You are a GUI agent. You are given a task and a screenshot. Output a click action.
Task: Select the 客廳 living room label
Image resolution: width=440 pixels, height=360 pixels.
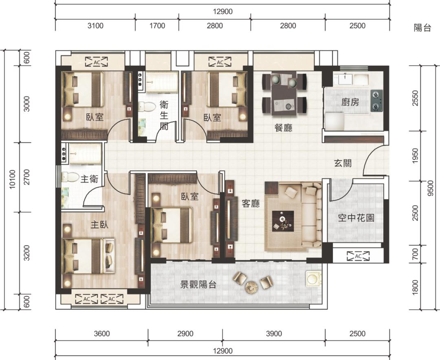251,204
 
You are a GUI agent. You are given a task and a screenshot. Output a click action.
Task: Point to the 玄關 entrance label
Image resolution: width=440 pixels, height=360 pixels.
343,164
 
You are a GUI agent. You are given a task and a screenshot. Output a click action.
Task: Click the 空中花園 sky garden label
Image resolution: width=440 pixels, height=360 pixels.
356,218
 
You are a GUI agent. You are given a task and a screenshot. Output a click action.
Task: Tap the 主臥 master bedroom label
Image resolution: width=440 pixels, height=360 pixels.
99,224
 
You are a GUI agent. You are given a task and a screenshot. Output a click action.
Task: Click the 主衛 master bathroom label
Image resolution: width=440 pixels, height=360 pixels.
89,179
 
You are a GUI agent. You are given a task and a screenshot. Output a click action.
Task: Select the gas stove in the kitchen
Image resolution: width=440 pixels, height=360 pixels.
376,101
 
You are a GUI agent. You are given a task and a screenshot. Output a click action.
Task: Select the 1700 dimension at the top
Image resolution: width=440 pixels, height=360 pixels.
157,26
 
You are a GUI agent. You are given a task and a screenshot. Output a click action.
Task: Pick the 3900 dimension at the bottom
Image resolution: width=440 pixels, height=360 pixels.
273,334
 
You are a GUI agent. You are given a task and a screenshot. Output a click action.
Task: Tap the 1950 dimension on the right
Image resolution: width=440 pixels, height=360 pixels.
415,156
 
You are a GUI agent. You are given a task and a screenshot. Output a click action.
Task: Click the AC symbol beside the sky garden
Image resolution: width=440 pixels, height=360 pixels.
358,256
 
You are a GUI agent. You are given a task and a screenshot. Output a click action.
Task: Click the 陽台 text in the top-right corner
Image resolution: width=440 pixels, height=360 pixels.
422,29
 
